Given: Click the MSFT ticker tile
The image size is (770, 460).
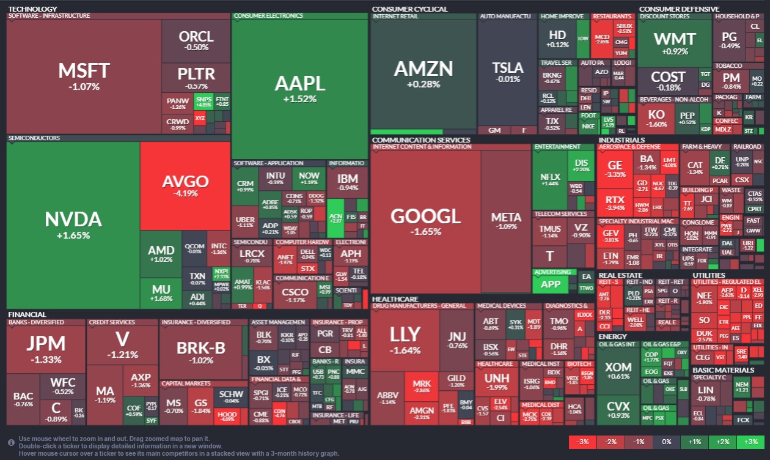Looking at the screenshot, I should [84, 76].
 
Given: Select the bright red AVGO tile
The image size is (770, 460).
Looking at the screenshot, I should [185, 185].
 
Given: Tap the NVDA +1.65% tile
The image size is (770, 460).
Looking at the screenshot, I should [73, 224].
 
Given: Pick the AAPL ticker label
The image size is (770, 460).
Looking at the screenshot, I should [299, 83].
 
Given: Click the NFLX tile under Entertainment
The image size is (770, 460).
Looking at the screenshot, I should [550, 180].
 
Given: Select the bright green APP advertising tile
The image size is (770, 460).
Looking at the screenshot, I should [551, 284].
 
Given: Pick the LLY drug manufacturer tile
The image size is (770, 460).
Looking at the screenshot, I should [405, 338].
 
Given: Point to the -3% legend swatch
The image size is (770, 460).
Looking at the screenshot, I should [583, 442].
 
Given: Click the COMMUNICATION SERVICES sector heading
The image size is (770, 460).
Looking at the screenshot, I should [421, 140].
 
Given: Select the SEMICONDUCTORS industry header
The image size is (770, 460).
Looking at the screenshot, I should [34, 138].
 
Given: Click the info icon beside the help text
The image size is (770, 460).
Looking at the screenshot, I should [11, 442].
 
